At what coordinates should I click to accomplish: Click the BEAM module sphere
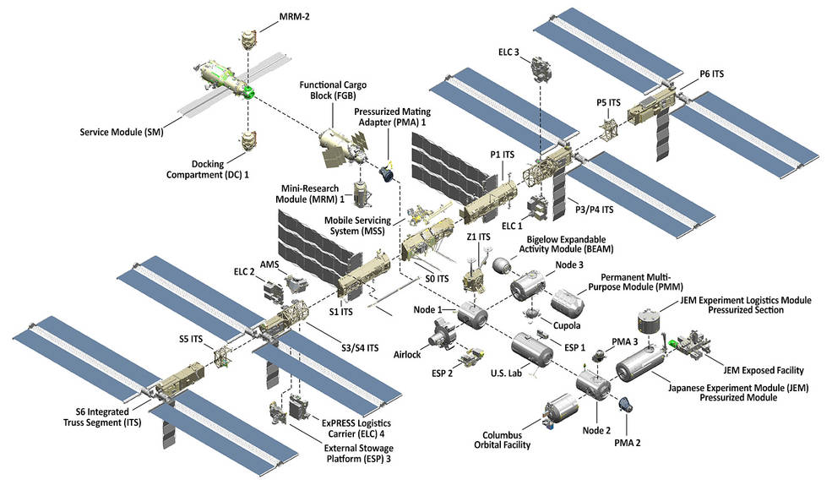click(x=504, y=264)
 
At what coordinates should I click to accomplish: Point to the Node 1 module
click(x=473, y=316)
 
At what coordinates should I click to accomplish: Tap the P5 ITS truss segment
click(x=608, y=129)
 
